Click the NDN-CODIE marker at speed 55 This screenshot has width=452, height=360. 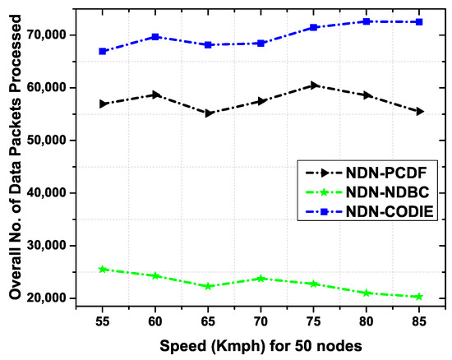coord(103,51)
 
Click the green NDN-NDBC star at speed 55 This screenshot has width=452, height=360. coord(103,269)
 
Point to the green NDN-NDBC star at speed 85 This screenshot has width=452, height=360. coord(420,297)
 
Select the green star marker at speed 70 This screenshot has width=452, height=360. coord(261,279)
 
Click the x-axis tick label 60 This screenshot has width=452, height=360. coord(155,320)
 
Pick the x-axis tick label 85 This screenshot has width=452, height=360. coord(420,320)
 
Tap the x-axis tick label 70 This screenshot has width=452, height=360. coord(261,320)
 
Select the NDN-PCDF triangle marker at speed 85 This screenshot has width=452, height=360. coord(420,111)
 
